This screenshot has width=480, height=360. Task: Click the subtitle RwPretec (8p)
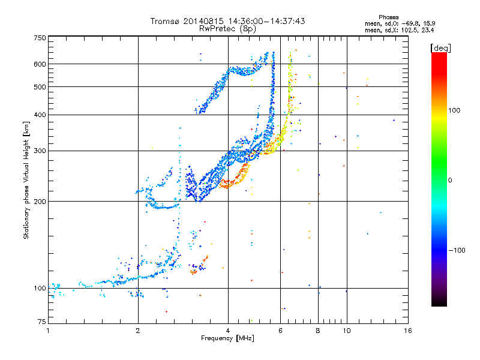pyautogui.click(x=227, y=29)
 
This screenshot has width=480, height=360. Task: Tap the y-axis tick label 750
pyautogui.click(x=40, y=38)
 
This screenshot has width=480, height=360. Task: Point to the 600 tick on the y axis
pyautogui.click(x=40, y=64)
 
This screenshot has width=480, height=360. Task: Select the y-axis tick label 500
pyautogui.click(x=40, y=87)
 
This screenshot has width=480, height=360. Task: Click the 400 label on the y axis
pyautogui.click(x=40, y=115)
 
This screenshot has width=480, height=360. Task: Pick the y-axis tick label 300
pyautogui.click(x=40, y=151)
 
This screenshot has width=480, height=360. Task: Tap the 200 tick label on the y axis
pyautogui.click(x=40, y=202)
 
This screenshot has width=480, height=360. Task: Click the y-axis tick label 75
pyautogui.click(x=42, y=322)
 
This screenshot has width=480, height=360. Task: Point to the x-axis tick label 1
pyautogui.click(x=48, y=331)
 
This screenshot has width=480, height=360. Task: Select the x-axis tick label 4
pyautogui.click(x=228, y=331)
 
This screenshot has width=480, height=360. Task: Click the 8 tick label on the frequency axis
pyautogui.click(x=318, y=331)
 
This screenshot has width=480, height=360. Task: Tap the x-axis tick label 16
pyautogui.click(x=408, y=331)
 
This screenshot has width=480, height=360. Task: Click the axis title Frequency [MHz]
pyautogui.click(x=228, y=338)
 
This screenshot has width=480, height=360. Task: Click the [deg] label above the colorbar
pyautogui.click(x=441, y=49)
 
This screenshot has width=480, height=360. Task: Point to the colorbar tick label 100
pyautogui.click(x=454, y=110)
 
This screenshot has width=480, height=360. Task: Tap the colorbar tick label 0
pyautogui.click(x=450, y=181)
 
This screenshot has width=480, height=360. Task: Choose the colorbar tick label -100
pyautogui.click(x=457, y=250)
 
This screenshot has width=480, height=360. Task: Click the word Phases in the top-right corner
pyautogui.click(x=388, y=17)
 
